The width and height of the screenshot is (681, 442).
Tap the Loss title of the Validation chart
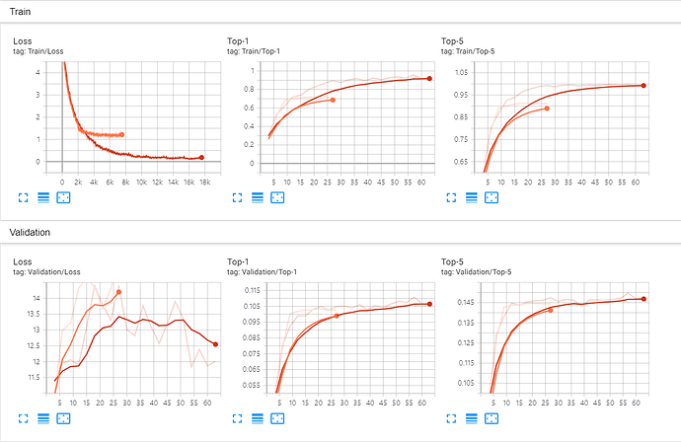click(x=22, y=261)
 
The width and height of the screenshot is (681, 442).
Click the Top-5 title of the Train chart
click(x=453, y=40)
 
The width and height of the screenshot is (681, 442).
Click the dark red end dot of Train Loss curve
click(x=201, y=157)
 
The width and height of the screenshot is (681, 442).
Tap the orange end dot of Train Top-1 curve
click(x=333, y=100)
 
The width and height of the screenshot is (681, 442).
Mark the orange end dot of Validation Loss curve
click(x=119, y=292)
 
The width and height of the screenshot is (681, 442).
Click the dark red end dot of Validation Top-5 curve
click(x=643, y=299)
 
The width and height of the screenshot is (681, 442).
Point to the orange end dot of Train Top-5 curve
click(x=547, y=109)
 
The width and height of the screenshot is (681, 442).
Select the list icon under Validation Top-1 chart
click(x=258, y=418)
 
